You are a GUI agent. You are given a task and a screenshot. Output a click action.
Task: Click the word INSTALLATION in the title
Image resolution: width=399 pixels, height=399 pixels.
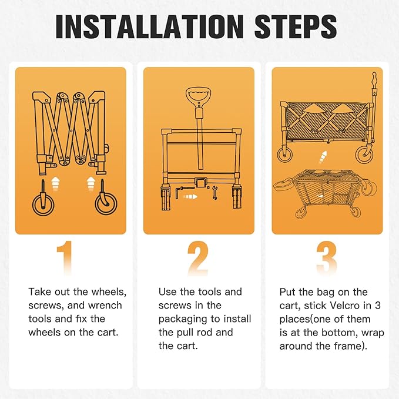150,26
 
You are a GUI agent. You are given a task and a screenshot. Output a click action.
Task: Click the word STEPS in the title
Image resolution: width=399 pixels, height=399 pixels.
296,26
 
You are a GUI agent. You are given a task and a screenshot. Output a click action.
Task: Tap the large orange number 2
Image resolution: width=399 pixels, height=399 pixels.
198,258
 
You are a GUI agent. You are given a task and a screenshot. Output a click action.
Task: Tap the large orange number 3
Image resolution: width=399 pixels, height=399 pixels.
327,258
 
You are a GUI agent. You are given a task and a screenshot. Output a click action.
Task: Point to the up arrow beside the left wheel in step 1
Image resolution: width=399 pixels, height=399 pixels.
55,184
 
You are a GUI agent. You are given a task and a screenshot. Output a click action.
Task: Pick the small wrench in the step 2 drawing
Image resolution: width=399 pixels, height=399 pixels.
214,193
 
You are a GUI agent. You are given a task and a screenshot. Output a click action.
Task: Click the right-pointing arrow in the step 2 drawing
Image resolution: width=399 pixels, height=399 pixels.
190,197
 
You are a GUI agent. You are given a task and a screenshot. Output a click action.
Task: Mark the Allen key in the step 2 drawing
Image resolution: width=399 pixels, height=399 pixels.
183,192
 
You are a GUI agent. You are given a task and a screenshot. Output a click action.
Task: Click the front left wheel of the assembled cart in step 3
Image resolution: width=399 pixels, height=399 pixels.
285,154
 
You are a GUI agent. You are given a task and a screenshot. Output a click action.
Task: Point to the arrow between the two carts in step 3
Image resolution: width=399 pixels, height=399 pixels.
323,157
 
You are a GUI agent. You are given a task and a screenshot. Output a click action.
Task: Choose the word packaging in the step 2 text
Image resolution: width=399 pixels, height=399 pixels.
182,319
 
